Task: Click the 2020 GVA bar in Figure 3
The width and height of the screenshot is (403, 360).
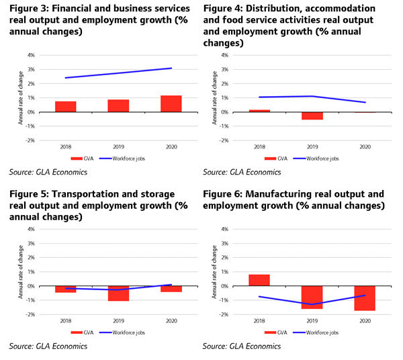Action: pos(171,104)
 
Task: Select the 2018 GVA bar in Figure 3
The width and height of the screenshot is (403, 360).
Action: pos(66,107)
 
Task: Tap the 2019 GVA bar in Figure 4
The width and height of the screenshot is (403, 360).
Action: pos(312,116)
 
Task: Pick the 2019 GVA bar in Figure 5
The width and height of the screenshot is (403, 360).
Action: pos(118,294)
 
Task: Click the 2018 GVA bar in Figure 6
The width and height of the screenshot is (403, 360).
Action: pos(259,280)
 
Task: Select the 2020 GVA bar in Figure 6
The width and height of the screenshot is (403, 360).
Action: pos(365,298)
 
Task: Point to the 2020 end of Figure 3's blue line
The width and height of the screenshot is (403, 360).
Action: pos(171,68)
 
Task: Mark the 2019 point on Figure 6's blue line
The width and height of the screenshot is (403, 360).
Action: pos(312,304)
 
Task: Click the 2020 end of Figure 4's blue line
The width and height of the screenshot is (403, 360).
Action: pos(365,102)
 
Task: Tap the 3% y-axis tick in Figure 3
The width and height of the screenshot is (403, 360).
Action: pos(31,69)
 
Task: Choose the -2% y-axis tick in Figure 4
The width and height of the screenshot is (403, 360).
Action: pos(224,140)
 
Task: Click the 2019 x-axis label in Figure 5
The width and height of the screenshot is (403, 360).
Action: pos(118,320)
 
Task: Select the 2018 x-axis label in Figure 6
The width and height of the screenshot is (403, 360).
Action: pos(259,320)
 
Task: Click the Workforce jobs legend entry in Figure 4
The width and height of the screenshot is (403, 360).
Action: pos(316,159)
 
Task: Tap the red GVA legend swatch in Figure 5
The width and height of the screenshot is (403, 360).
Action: pos(77,332)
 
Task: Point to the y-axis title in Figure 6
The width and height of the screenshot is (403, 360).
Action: pos(214,271)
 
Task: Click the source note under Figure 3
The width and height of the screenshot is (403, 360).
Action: pos(48,172)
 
